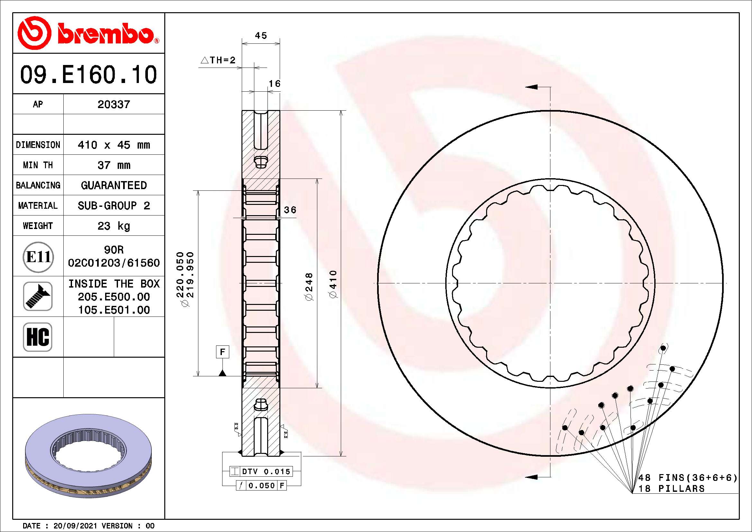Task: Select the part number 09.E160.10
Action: [88, 75]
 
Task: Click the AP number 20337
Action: [113, 105]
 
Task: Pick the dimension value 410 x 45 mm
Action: [113, 145]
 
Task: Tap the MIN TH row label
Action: [38, 165]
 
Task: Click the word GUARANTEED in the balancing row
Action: [113, 185]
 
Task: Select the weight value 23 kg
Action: [113, 226]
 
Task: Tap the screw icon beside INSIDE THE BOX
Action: [38, 296]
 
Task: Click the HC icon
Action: [38, 337]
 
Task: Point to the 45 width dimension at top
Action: [261, 35]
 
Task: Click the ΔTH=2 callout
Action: [218, 60]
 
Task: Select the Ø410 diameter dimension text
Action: [333, 284]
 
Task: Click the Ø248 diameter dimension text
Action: [309, 286]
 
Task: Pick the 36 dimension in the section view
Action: [290, 210]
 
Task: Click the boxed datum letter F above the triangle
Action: [223, 352]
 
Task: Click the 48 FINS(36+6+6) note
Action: [688, 478]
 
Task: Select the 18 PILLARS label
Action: [671, 489]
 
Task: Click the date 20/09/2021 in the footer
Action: [75, 526]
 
